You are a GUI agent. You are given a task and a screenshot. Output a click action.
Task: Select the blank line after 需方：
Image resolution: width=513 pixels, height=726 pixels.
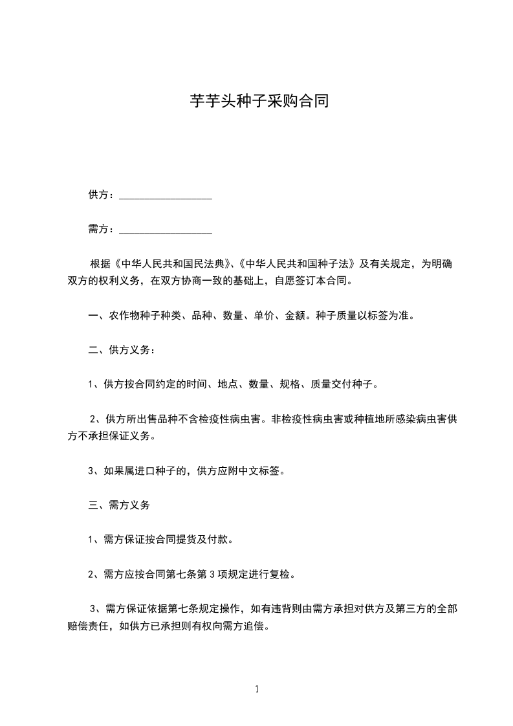click(x=166, y=230)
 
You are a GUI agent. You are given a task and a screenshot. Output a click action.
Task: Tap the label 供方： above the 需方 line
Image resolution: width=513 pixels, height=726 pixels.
click(x=102, y=195)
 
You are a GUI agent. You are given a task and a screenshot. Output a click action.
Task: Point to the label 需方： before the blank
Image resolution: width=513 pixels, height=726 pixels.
click(x=102, y=229)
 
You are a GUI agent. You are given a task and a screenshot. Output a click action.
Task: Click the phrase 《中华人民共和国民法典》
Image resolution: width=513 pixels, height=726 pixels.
click(x=169, y=264)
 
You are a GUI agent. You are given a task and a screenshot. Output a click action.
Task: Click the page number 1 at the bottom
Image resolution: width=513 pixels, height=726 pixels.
click(x=257, y=689)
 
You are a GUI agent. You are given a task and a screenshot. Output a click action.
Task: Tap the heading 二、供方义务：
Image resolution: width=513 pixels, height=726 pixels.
click(x=121, y=350)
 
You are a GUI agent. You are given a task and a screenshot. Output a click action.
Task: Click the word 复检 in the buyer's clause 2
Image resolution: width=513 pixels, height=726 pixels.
click(x=283, y=573)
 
